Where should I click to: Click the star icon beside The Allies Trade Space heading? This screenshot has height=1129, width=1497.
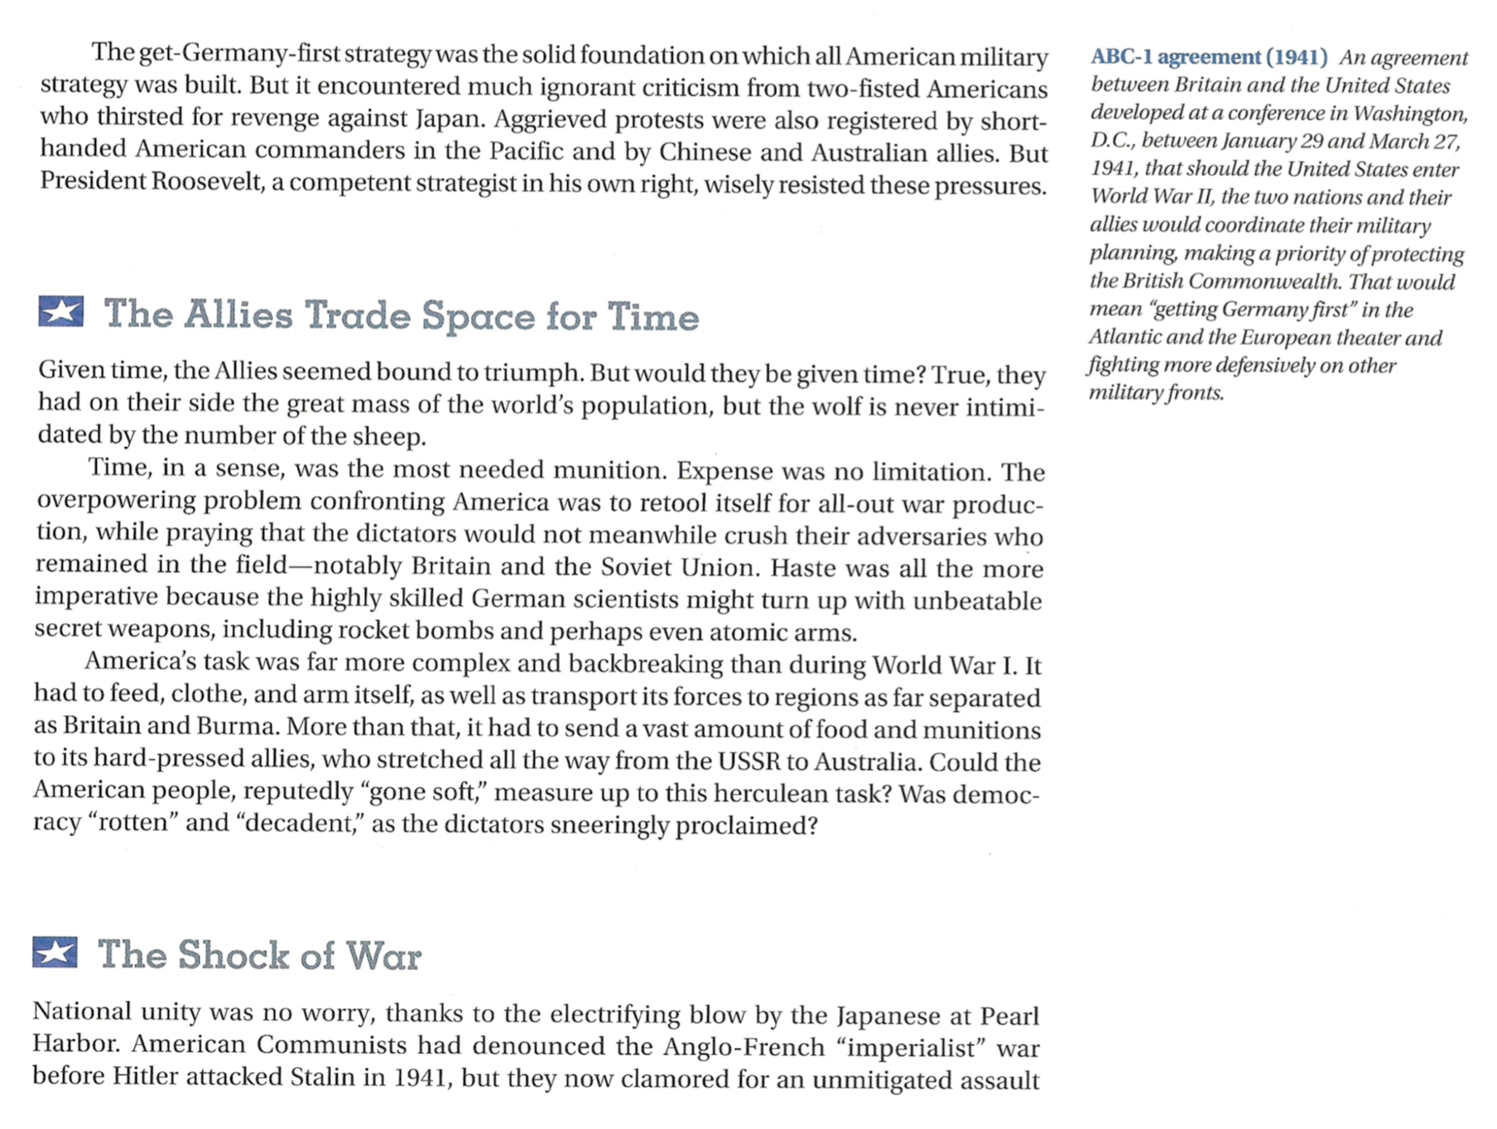coord(60,312)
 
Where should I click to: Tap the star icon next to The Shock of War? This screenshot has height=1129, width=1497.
coord(55,953)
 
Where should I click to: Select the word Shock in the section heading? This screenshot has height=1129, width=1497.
coord(233,955)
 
